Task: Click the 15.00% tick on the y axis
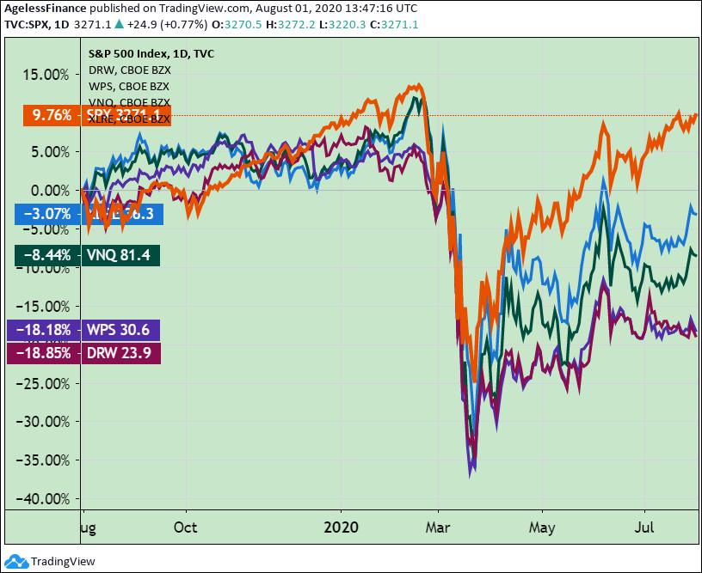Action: tap(44, 75)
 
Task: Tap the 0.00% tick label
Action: tap(48, 191)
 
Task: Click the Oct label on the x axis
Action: tap(185, 527)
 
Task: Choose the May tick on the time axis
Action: tap(542, 527)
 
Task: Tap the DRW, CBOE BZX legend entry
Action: tap(129, 70)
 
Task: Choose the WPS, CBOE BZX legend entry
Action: tap(129, 87)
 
